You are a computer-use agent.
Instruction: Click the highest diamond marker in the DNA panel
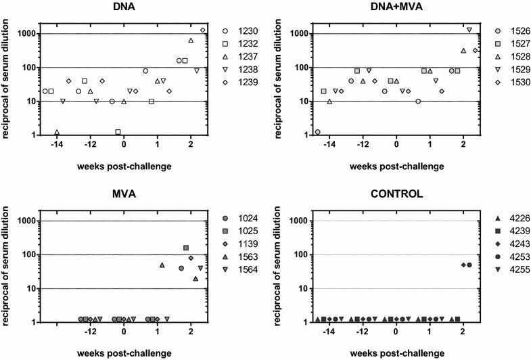[203, 30]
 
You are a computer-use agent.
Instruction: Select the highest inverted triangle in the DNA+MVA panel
[469, 30]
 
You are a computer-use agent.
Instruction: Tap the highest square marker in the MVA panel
[186, 248]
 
